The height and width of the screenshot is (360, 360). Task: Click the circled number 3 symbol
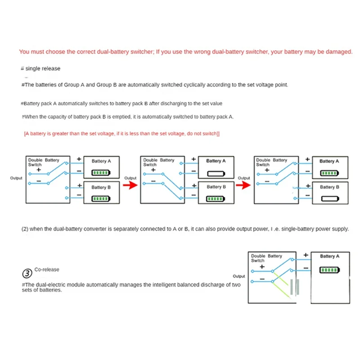click(x=27, y=273)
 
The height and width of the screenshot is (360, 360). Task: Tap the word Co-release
click(x=47, y=270)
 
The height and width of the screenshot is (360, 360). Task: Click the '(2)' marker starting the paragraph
click(x=25, y=229)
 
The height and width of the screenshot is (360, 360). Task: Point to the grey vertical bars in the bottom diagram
click(x=295, y=287)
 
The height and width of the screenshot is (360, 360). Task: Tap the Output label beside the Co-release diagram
click(x=239, y=276)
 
